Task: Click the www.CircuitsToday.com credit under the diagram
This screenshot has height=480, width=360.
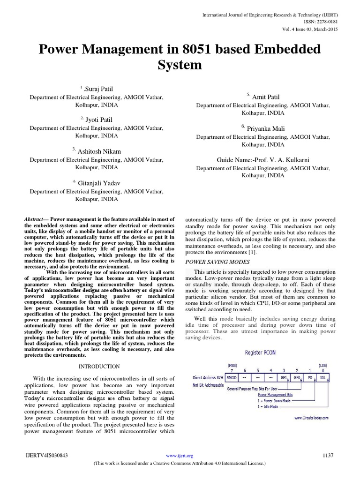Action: (x=311, y=417)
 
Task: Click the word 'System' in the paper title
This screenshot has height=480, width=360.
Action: (x=180, y=65)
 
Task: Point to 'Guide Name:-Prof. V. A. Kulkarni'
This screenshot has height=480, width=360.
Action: (x=263, y=159)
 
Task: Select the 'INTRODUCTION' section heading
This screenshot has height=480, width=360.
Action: (x=99, y=366)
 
